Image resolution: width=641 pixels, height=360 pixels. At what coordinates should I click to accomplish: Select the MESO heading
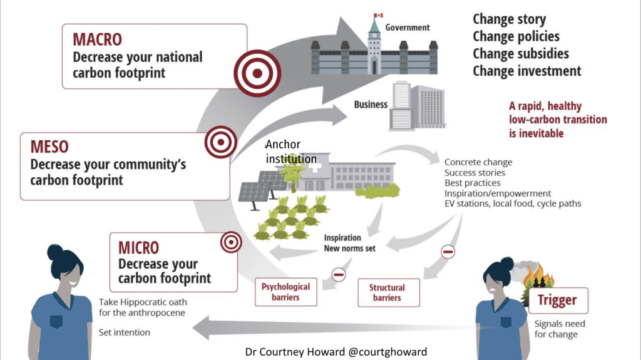point(49,147)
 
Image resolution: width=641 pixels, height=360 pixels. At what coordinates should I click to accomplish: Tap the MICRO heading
point(138,247)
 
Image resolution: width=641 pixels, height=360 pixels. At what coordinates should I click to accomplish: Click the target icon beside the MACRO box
point(257,73)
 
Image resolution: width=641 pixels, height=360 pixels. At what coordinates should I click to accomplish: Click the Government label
point(407,28)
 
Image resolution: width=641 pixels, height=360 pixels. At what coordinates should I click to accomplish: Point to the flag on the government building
point(377,15)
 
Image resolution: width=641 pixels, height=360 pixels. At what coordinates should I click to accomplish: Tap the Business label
point(371,105)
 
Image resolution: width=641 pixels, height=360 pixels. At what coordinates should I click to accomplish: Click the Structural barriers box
point(387,292)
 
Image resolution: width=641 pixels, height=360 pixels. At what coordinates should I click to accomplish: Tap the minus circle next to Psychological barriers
point(339,274)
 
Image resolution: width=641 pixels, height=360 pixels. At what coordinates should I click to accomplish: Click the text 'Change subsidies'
point(520,53)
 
